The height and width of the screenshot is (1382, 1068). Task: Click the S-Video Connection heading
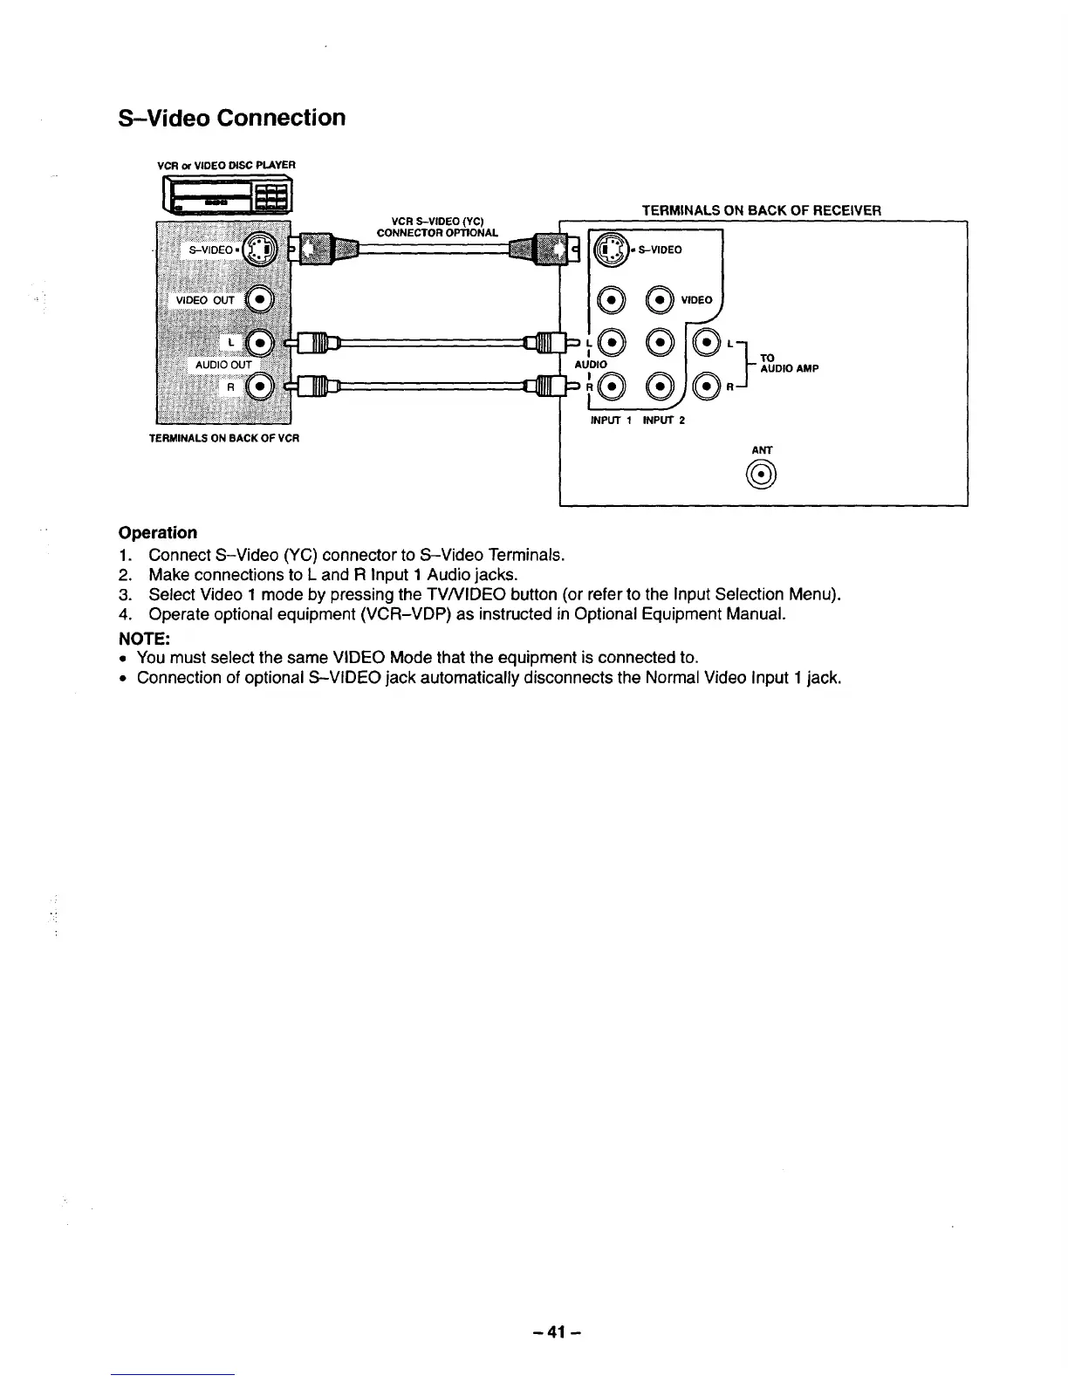click(231, 118)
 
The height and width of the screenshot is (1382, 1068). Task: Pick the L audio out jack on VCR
click(259, 342)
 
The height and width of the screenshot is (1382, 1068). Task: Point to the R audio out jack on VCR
click(259, 385)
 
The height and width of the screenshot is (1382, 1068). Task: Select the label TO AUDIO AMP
click(788, 363)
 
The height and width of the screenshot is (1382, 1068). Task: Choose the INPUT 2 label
click(664, 421)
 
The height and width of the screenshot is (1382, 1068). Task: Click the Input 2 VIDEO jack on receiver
click(661, 300)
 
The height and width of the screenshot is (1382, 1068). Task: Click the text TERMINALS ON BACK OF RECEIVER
click(761, 210)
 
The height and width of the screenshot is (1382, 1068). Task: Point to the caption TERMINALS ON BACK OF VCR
click(225, 438)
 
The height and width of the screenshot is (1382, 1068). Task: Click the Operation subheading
click(158, 532)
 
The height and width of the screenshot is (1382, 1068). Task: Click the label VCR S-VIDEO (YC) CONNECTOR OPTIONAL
click(437, 227)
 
